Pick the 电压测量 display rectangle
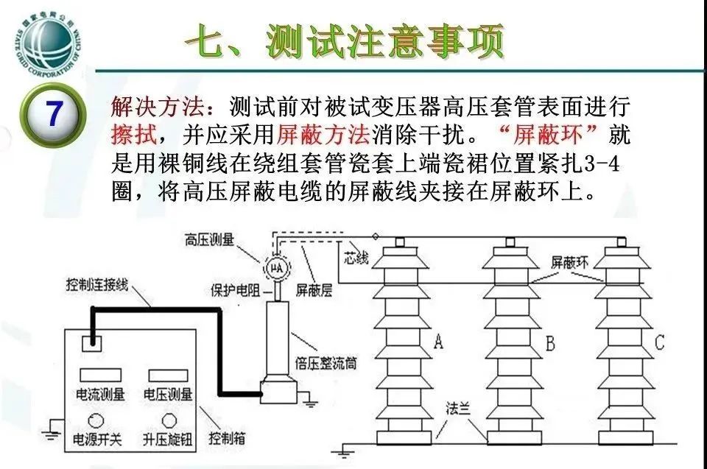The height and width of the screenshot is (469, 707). (x=168, y=375)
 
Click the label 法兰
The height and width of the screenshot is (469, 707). (x=460, y=409)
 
